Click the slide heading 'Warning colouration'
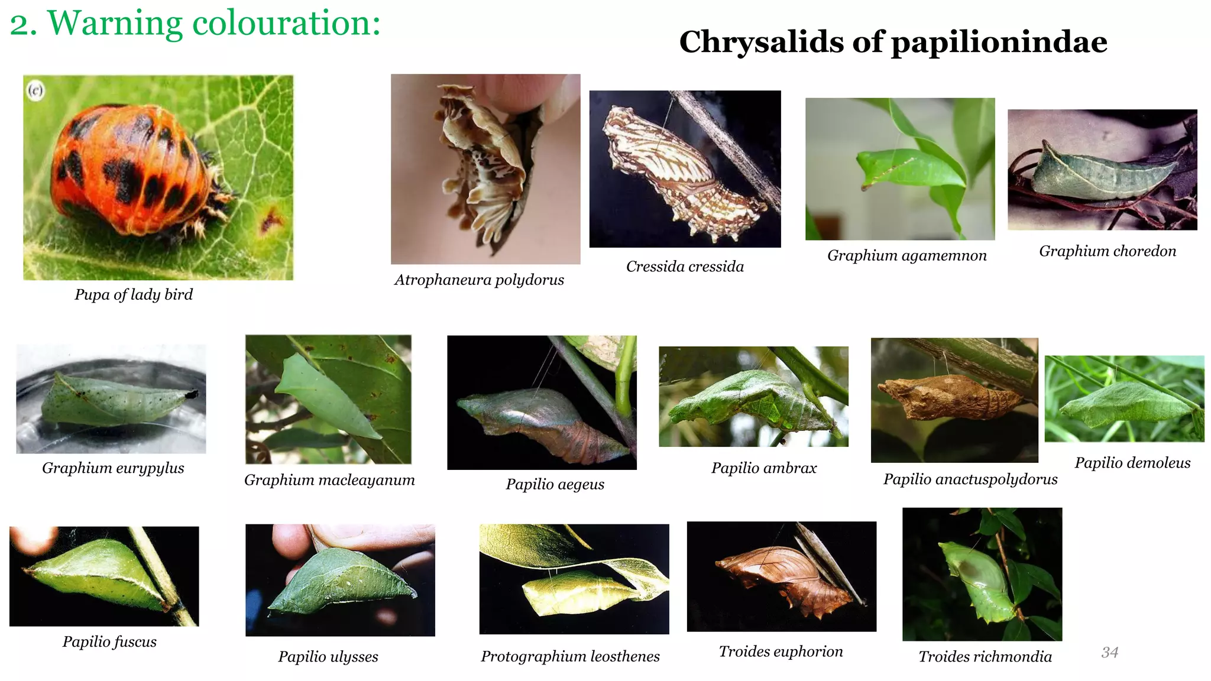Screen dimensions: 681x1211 tap(195, 24)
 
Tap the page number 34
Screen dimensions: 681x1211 tap(1109, 652)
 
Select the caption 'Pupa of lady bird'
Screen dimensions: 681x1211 tap(134, 294)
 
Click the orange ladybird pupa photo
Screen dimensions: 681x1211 tap(158, 177)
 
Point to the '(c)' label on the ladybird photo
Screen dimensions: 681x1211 tap(36, 90)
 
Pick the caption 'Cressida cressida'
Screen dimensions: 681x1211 tap(685, 267)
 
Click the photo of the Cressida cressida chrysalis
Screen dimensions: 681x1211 tap(685, 169)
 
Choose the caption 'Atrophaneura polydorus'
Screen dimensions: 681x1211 tap(479, 280)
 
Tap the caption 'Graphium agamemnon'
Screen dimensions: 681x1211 tap(906, 255)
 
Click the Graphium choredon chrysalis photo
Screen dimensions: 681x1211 tap(1102, 170)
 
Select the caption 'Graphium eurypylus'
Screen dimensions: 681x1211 tap(113, 468)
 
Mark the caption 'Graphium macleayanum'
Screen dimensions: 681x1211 tap(329, 480)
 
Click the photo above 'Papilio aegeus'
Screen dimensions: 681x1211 tap(542, 403)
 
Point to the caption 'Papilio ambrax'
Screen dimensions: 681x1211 tap(764, 468)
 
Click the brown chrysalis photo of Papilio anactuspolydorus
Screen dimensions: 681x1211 tap(954, 400)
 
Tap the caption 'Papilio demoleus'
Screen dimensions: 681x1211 tap(1132, 463)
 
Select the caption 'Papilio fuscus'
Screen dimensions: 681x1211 tap(109, 642)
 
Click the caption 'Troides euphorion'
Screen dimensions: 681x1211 tap(781, 651)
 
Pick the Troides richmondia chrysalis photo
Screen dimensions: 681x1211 tap(982, 574)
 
